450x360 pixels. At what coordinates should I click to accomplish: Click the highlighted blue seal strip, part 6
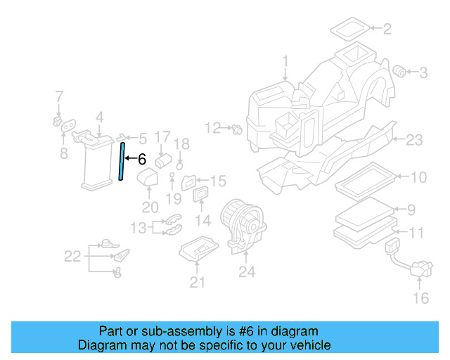[123, 161]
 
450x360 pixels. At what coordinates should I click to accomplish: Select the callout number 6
[141, 160]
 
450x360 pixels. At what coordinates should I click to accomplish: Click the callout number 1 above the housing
[285, 61]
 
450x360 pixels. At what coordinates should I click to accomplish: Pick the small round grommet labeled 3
[400, 70]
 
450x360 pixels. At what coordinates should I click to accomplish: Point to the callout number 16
[420, 299]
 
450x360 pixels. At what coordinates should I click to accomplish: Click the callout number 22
[73, 257]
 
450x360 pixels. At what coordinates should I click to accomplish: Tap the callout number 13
[139, 227]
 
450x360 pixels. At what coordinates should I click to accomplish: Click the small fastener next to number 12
[237, 129]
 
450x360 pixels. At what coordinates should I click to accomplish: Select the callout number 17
[162, 136]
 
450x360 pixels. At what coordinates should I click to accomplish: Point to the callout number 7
[59, 96]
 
